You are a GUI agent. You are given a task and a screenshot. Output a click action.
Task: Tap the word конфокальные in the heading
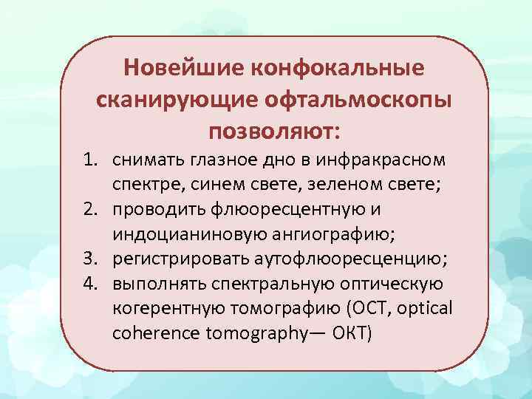(339, 68)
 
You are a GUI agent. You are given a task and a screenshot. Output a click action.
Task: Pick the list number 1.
(91, 159)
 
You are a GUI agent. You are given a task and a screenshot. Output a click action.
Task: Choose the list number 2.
(91, 209)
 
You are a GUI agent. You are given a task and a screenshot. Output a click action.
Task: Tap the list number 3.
(91, 259)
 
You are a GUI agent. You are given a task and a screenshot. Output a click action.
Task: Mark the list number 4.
(91, 284)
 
